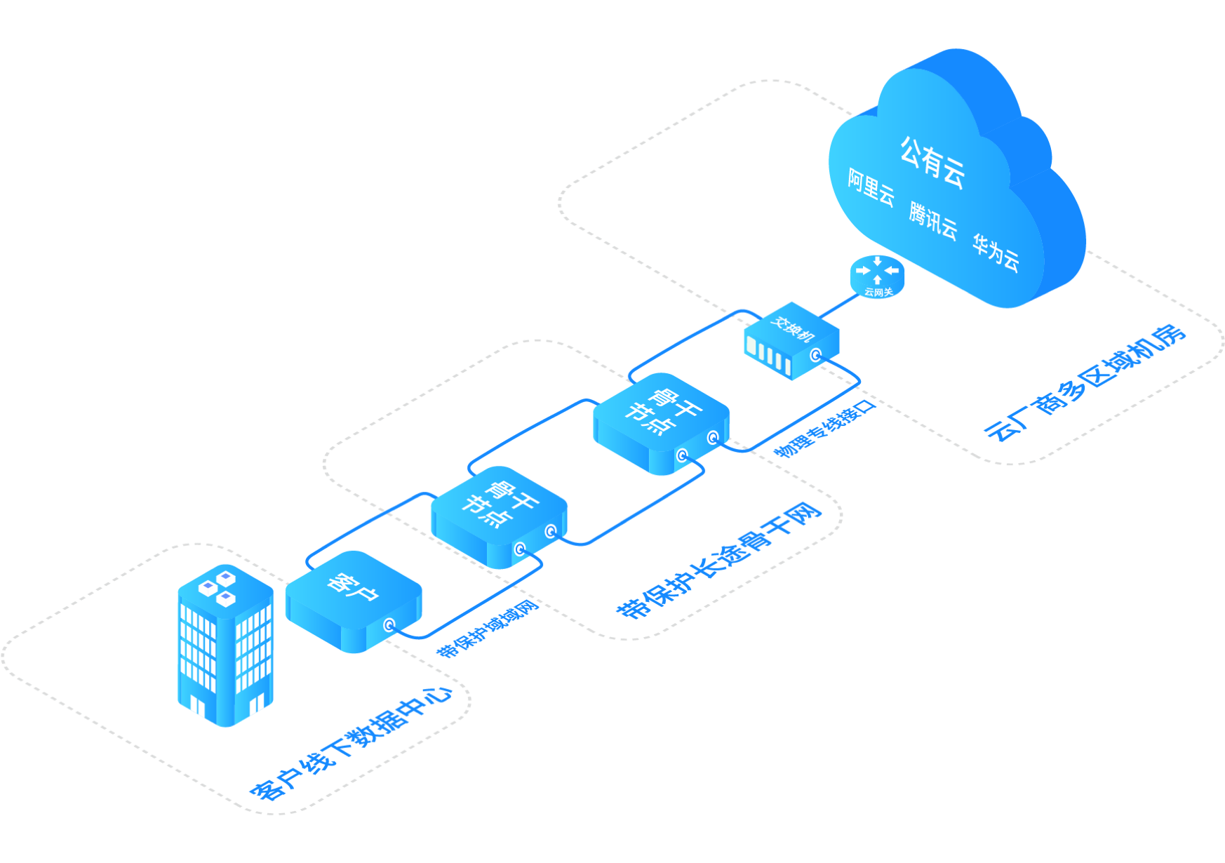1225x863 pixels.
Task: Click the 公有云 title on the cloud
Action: (932, 163)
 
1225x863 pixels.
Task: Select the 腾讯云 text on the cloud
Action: (932, 221)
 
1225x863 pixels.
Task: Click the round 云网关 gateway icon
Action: (877, 276)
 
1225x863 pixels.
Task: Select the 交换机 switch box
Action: (791, 340)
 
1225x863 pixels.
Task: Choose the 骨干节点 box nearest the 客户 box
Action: (499, 516)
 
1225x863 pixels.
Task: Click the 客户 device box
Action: (353, 600)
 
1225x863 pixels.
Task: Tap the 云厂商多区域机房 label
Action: (1085, 382)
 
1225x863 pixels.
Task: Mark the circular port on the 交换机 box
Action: (815, 355)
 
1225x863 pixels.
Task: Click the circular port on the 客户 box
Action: (389, 624)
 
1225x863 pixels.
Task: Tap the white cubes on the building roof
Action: (217, 588)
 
